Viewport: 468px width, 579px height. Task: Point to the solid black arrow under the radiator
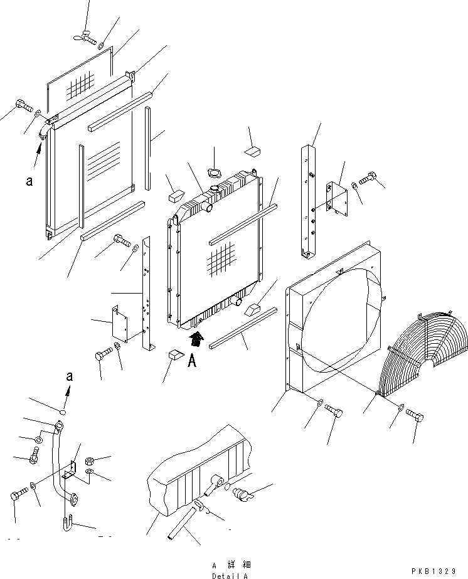[x=196, y=339]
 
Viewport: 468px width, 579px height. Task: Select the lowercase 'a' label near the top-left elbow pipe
[x=29, y=181]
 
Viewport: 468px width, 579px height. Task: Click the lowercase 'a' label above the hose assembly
[x=70, y=376]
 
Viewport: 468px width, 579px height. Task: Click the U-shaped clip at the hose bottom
[x=67, y=524]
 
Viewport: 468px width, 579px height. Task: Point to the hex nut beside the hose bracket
[x=90, y=460]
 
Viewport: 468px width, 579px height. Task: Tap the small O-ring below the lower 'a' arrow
[x=63, y=412]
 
